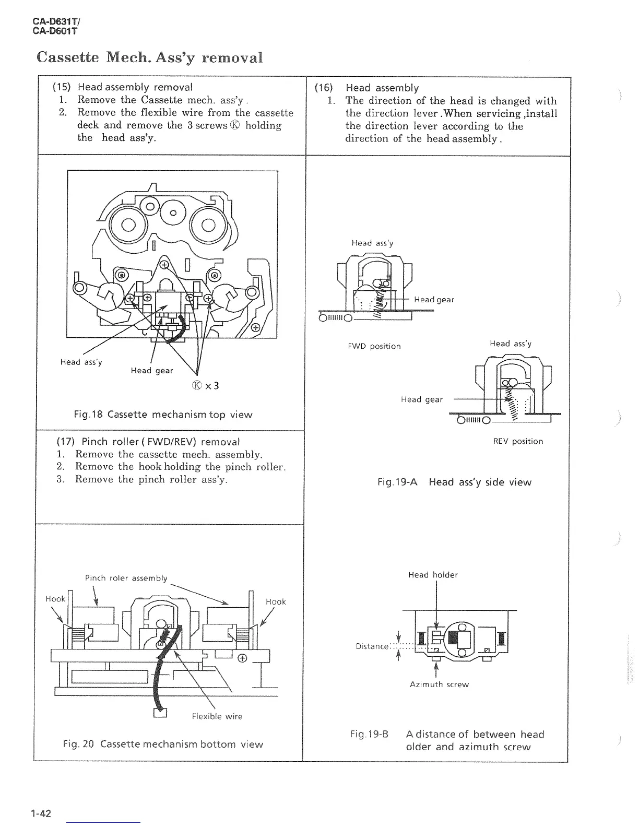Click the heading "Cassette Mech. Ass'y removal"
[149, 57]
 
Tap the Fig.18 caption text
[163, 415]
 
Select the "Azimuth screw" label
[439, 684]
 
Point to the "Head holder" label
[433, 575]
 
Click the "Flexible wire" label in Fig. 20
[217, 716]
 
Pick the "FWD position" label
[374, 346]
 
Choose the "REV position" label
[518, 441]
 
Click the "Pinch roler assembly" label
[126, 578]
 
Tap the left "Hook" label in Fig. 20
[55, 599]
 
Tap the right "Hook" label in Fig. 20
[276, 601]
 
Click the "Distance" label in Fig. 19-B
[372, 646]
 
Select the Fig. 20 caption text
[163, 744]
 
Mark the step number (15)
[63, 87]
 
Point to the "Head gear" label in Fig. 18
[151, 370]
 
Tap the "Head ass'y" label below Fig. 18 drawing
[81, 362]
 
